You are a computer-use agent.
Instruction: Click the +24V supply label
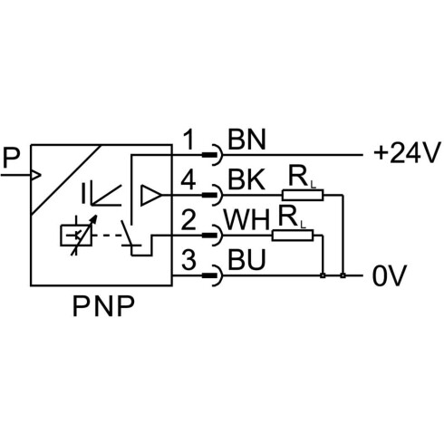406,153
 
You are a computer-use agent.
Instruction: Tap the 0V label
390,275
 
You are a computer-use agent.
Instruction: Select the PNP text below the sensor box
103,306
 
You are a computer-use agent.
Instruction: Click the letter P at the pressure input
11,158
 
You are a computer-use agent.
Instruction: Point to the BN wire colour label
246,140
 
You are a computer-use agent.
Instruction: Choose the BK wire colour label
246,179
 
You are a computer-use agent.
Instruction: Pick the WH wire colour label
246,220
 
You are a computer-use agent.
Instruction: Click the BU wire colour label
246,259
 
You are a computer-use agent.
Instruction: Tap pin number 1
189,140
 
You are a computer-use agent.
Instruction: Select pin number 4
188,179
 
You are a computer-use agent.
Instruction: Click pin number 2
188,220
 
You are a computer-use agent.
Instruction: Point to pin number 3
188,259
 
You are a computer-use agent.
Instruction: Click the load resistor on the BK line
303,195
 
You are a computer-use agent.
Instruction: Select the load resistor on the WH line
293,236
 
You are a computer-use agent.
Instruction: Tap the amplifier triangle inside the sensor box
150,195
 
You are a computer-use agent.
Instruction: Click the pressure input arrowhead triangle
36,175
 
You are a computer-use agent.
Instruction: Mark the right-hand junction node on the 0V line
343,275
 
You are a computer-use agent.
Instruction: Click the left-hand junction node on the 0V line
323,275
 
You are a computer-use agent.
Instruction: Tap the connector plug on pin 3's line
212,275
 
